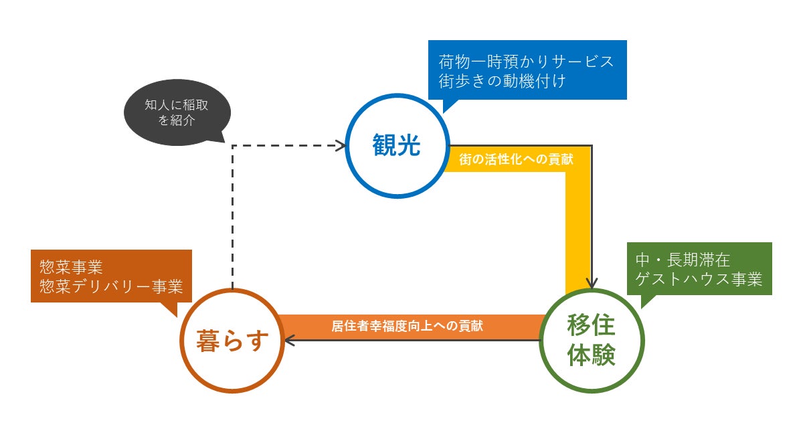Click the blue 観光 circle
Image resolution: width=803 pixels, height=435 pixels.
click(397, 146)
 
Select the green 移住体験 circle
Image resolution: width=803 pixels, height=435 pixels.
click(591, 340)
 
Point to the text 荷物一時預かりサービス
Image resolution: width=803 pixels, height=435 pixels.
click(526, 62)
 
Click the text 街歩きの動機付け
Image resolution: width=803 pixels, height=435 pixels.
click(503, 82)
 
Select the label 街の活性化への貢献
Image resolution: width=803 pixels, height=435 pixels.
click(516, 161)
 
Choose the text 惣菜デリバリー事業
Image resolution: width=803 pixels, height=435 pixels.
click(111, 286)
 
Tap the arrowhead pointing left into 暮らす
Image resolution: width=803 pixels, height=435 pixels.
click(289, 341)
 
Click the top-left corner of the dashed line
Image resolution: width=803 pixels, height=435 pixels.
click(232, 145)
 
